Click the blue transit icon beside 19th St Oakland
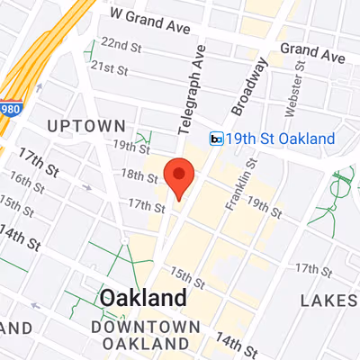(x=216, y=139)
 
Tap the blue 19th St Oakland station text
(x=281, y=139)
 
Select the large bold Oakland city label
(x=144, y=298)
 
